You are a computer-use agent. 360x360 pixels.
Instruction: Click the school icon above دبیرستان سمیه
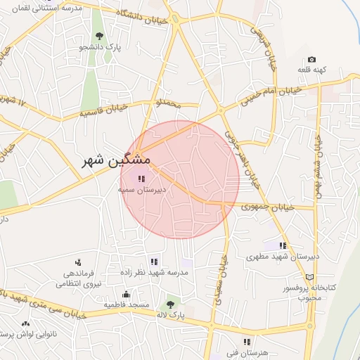[x=141, y=179]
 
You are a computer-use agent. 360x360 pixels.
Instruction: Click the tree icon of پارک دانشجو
[x=99, y=35]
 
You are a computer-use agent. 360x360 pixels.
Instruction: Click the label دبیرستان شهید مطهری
[x=283, y=257]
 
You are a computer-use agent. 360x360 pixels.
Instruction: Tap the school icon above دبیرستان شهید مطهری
[x=283, y=245]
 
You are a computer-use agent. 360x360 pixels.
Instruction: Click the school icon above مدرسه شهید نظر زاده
[x=154, y=262]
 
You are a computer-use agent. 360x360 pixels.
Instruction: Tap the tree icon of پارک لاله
[x=169, y=304]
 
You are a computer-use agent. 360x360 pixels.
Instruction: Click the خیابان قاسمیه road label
[x=102, y=110]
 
